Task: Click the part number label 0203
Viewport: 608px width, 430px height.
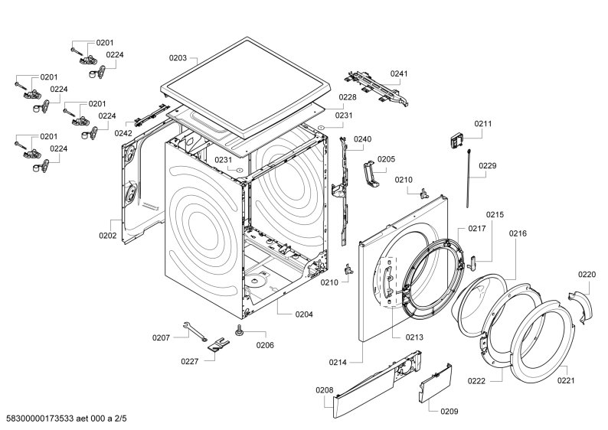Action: tap(178, 57)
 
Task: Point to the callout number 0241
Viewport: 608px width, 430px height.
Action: tap(399, 73)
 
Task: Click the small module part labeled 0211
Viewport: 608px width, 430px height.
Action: tap(458, 141)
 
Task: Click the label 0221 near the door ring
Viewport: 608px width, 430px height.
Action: tap(566, 380)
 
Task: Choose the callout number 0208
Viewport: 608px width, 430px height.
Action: tap(324, 390)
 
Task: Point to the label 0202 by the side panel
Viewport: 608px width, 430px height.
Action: tap(107, 235)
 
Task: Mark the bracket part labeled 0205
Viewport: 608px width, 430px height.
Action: tap(371, 174)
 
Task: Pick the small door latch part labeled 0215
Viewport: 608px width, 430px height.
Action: tap(472, 262)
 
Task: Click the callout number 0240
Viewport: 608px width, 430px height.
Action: tap(362, 139)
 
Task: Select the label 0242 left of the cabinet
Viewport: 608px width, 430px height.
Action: tap(123, 133)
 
